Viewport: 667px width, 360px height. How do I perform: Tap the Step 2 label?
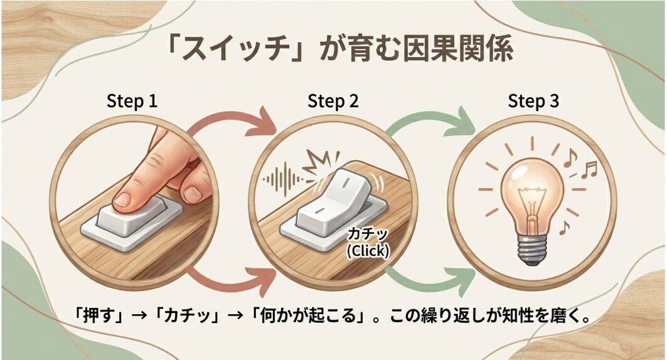[333, 102]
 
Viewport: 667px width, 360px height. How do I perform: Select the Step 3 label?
[533, 102]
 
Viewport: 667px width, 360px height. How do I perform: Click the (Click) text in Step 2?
[368, 250]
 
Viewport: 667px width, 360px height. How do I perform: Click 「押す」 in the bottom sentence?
[95, 315]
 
